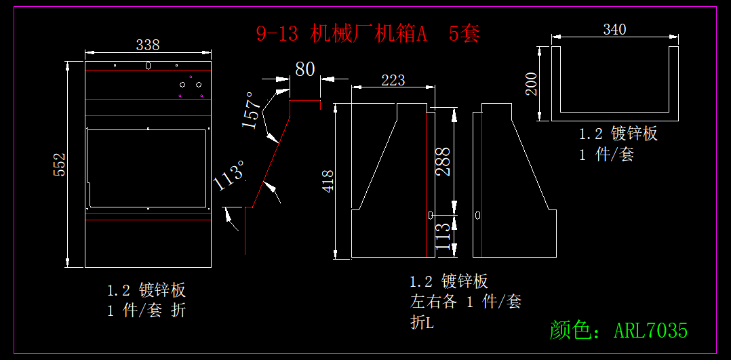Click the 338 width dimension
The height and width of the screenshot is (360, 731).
148,45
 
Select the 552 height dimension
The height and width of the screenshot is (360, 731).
60,165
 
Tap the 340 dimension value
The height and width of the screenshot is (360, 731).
614,29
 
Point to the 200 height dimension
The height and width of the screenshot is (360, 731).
532,83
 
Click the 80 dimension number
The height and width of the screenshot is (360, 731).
305,69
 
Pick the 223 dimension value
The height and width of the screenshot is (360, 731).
393,80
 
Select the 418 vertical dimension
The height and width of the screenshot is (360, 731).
328,181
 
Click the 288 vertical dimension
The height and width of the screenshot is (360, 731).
443,161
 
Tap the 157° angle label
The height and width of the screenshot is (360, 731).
251,110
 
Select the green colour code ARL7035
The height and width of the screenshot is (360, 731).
650,330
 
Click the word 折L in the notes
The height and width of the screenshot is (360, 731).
421,323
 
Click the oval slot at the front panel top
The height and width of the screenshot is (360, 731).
148,66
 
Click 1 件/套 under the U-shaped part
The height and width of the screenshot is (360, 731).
606,155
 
